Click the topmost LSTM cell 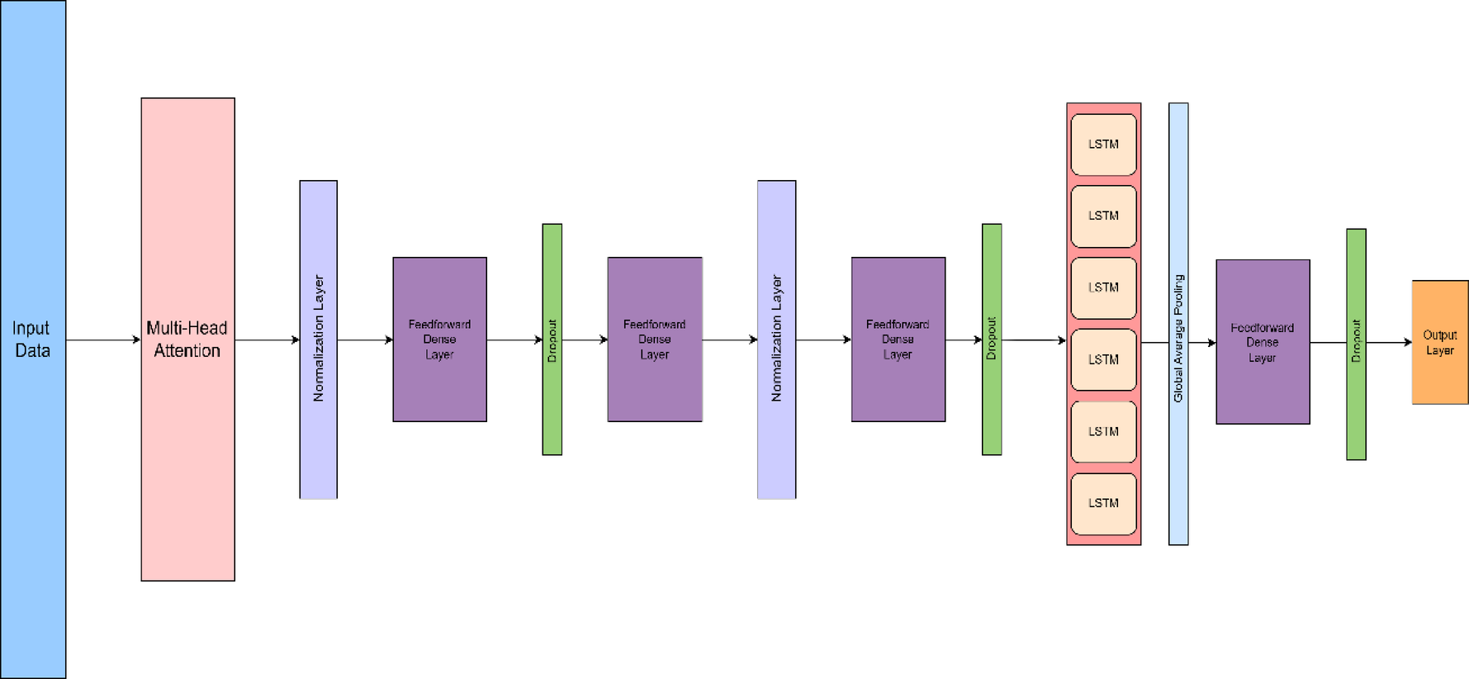[1103, 145]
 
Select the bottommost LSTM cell [1103, 503]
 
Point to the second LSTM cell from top [1103, 216]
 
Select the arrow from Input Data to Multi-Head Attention [103, 339]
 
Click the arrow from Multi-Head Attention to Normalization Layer [267, 339]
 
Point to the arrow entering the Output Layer [1389, 342]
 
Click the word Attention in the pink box [187, 351]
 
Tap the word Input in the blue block [31, 328]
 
